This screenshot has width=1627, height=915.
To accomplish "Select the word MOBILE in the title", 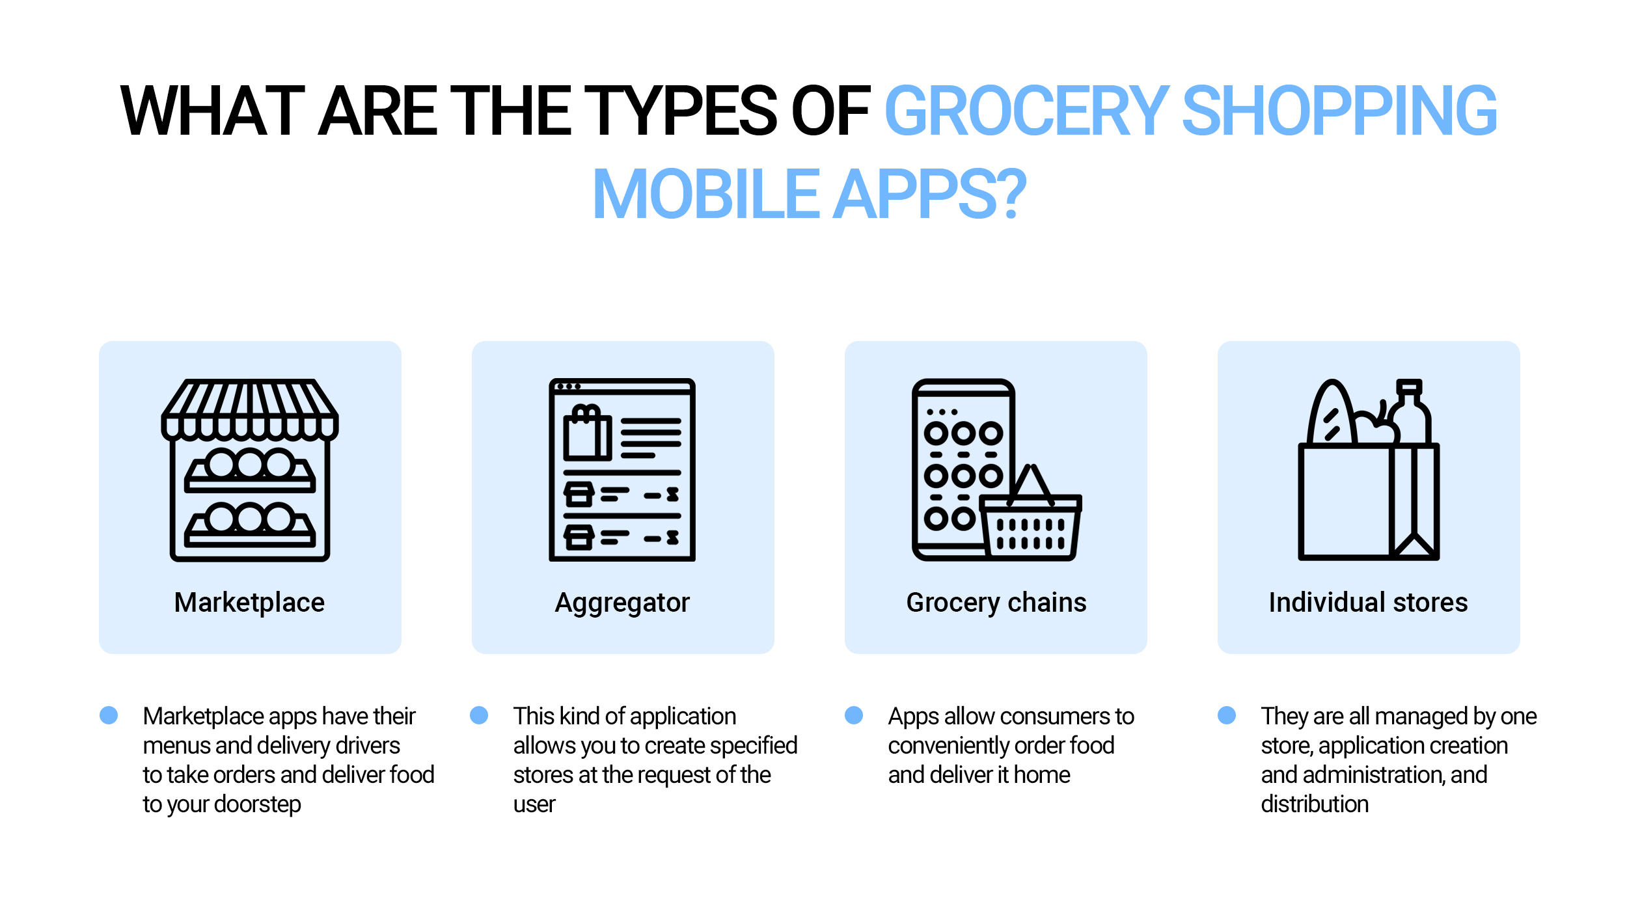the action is [705, 193].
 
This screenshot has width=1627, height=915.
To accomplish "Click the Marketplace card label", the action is [249, 603].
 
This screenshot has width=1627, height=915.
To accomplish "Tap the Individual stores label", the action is [1368, 603].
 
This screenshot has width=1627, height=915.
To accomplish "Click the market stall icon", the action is [250, 470].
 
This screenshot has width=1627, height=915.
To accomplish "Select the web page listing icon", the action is [622, 470].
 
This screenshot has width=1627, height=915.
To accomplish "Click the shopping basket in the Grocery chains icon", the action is [1031, 517].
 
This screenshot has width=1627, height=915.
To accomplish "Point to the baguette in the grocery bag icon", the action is [1332, 413].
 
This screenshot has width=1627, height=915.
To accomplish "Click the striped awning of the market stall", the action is [250, 409].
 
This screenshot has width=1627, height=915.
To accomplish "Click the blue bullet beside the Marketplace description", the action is [109, 715].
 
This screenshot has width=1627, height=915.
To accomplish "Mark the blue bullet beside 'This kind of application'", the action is [479, 715].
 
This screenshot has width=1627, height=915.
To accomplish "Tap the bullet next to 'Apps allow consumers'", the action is [854, 715].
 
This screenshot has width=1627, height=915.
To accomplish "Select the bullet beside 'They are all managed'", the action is [1227, 715].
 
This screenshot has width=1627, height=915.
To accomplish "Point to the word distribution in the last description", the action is [1315, 804].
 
